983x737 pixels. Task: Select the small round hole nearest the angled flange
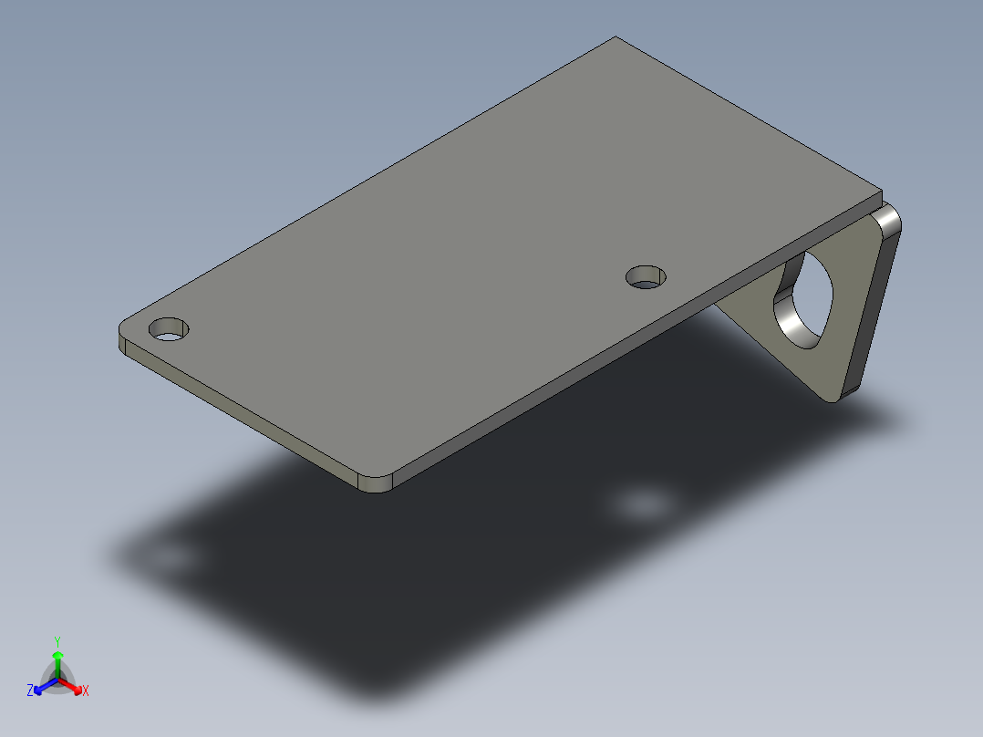coord(647,276)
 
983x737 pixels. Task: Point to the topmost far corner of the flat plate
coord(616,38)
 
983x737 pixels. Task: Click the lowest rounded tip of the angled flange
coord(837,396)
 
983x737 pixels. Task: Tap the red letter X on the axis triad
coord(86,691)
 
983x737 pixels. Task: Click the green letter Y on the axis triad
coord(57,641)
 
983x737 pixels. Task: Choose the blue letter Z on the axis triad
coord(30,691)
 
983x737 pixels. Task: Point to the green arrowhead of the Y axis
coord(57,656)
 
